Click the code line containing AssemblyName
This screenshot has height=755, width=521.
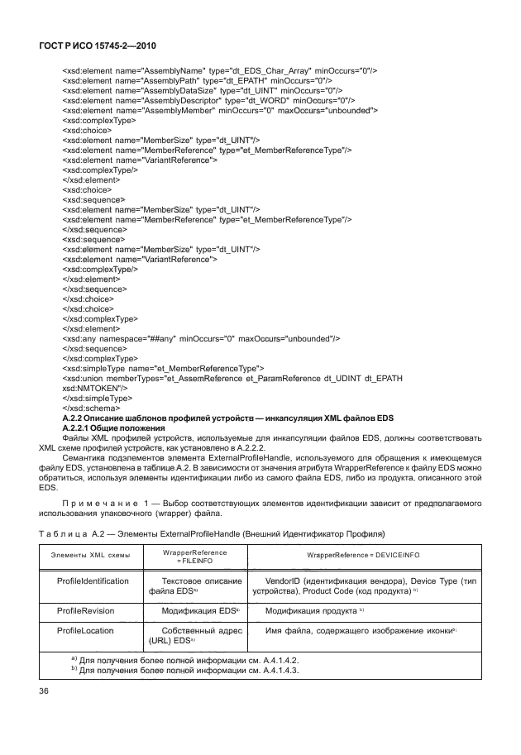(x=220, y=70)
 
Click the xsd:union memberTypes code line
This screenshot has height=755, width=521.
(x=232, y=378)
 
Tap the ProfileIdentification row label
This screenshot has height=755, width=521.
(x=93, y=581)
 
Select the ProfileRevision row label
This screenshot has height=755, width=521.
(x=84, y=609)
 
